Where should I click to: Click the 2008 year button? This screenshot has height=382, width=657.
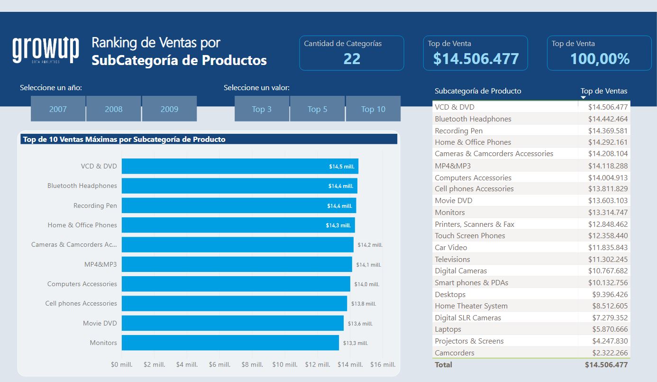coord(113,109)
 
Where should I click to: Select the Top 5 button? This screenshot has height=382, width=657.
coord(317,109)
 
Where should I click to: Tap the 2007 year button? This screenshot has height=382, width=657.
coord(58,109)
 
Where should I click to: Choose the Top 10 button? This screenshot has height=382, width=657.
coord(373,109)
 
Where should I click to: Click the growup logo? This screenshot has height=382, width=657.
coord(46,50)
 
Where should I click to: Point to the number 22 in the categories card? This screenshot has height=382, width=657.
coord(352,59)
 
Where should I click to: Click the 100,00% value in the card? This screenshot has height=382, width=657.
coord(600,59)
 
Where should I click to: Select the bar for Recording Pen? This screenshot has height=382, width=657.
coord(239,205)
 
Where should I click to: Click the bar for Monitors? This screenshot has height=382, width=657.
coord(230,343)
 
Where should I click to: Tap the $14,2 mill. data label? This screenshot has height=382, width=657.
coord(370,245)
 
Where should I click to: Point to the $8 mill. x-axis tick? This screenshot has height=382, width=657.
coord(252,364)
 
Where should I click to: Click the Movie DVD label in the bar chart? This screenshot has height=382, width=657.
coord(100,323)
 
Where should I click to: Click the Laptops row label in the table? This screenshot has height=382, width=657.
coord(448,329)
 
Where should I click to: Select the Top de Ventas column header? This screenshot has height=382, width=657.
coord(604,91)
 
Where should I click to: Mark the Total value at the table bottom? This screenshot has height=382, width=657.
coord(606,364)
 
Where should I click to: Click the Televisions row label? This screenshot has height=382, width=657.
coord(452,259)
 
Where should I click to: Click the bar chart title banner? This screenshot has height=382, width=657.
coord(209,139)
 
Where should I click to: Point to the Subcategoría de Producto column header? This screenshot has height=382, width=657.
coord(478,91)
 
